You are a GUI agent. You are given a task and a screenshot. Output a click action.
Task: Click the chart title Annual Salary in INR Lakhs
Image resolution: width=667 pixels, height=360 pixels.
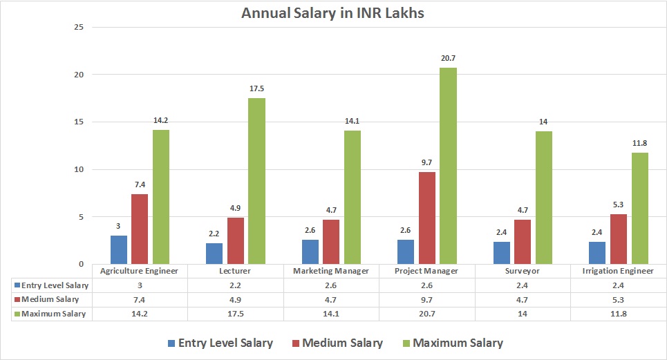pos(333,13)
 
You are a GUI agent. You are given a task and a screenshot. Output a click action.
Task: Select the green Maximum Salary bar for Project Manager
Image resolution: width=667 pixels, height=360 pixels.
pos(448,166)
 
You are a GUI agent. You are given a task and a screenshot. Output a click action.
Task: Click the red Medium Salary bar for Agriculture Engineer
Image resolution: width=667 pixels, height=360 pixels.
pos(140,229)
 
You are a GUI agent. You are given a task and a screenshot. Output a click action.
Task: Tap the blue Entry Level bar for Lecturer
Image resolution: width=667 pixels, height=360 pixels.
pos(214,254)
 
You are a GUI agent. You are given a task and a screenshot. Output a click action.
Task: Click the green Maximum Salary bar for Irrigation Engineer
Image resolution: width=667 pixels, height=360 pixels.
pos(639,208)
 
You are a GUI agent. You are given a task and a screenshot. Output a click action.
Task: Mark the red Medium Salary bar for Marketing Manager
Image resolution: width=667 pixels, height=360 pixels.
pos(331,242)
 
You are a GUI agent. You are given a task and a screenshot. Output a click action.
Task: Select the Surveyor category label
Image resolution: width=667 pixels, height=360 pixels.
pos(523,271)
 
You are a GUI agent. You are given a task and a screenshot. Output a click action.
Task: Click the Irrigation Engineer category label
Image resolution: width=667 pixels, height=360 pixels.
pos(619,271)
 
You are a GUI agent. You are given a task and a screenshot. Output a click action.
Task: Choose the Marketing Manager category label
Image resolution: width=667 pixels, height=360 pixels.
pos(331,271)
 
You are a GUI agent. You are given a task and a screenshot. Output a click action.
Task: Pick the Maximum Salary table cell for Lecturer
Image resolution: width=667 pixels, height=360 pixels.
pos(236,314)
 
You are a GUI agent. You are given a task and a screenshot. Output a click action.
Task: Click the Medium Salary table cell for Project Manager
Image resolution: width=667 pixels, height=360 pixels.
pos(426,299)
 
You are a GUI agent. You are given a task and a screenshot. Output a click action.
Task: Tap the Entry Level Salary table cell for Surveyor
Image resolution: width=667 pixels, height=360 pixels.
pos(523,285)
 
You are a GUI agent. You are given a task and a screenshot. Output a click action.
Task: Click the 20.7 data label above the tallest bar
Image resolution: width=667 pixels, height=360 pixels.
pos(448,58)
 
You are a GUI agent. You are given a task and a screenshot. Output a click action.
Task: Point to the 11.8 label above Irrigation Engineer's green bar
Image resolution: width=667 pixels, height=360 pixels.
pos(639,143)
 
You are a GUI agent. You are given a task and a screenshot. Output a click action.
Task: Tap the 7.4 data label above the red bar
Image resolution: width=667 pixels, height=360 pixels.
pos(140,184)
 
